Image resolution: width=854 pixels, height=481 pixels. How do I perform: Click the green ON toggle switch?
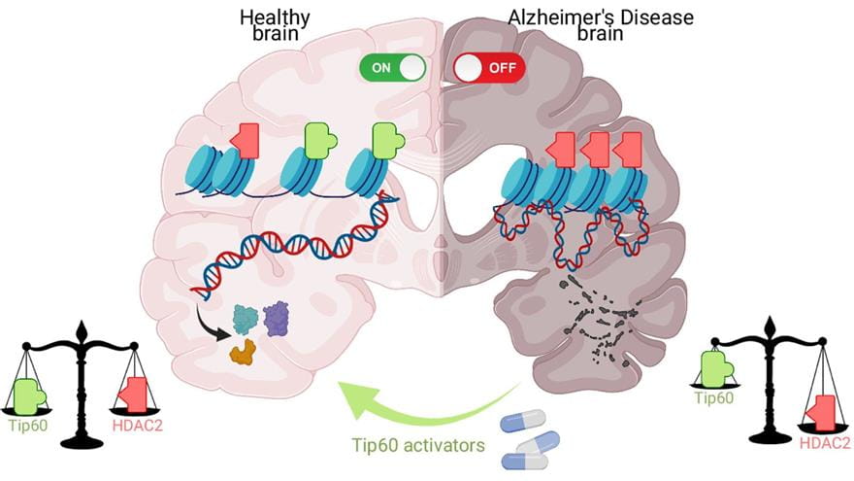pos(393,67)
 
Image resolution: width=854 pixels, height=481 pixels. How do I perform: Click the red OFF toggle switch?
pos(489,68)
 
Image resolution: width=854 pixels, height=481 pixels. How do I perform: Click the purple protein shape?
pos(277,318)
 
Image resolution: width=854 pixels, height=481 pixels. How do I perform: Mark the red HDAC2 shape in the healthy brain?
pos(246,140)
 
